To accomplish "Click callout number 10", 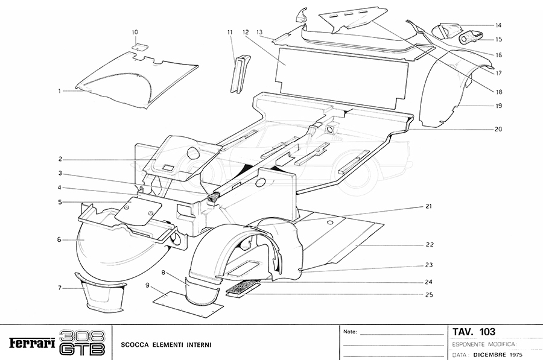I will click(x=135, y=31).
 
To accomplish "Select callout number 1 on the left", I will click(x=60, y=92).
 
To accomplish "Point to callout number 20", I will click(x=498, y=129).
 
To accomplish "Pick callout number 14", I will click(x=498, y=25).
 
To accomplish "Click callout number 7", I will click(x=60, y=288).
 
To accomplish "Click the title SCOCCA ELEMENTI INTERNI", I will click(x=165, y=346).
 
